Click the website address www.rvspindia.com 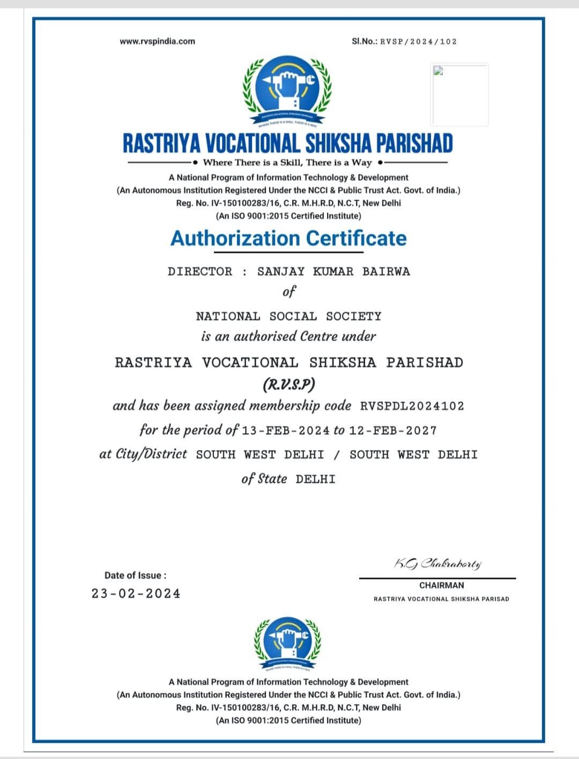158,41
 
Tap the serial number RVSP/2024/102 418,41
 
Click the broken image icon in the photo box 438,71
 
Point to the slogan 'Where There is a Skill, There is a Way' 287,162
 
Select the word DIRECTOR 200,272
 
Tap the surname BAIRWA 386,272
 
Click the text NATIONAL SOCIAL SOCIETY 288,317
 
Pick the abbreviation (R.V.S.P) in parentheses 288,385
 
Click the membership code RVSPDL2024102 412,406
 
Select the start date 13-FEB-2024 285,431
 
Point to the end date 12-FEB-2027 392,431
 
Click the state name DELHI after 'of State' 315,479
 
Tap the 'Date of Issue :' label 136,575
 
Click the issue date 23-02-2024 136,593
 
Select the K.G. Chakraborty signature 438,564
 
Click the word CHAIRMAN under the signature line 441,585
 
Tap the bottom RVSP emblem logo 288,643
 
